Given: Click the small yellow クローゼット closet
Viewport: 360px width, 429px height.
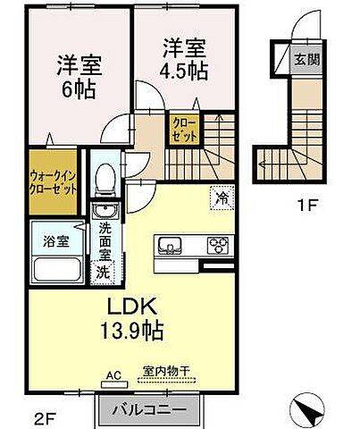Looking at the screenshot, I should point(182,129).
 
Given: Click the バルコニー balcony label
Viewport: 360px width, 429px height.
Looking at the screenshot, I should point(149,411).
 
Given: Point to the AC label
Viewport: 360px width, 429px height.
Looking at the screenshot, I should point(114,375).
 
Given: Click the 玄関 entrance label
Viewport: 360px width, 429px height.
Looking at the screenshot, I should point(305,62).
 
